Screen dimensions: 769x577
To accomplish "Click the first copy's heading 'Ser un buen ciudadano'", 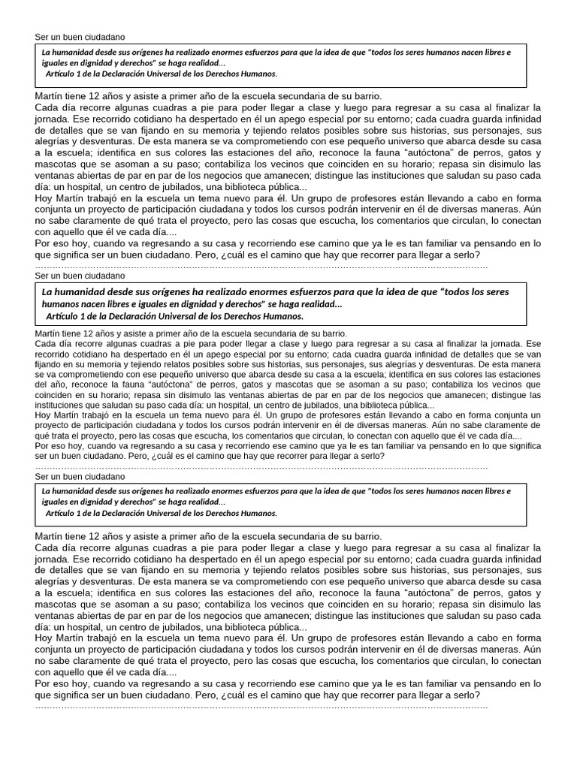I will pos(80,37).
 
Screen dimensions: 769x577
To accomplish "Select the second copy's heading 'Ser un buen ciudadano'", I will pos(80,276).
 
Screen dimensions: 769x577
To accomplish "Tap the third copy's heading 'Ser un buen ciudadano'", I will pos(80,477).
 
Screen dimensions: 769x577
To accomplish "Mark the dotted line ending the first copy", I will pos(261,266).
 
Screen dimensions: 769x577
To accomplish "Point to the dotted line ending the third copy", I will pos(261,706).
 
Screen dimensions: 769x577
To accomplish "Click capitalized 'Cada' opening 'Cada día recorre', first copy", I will pos(47,107).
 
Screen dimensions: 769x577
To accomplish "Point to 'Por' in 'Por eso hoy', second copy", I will pos(44,445).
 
